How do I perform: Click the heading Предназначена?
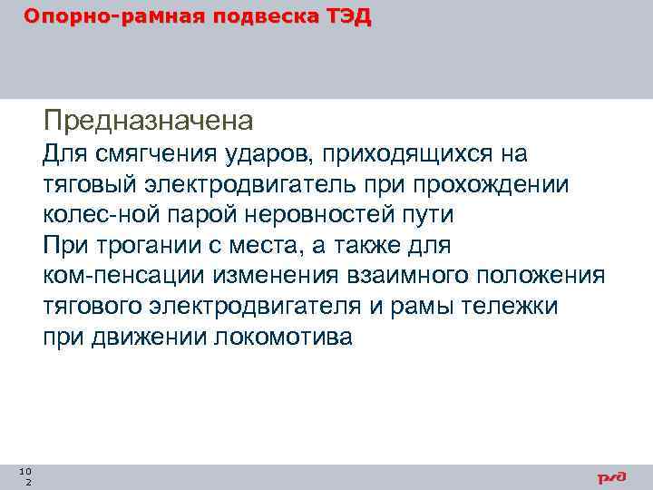point(148,120)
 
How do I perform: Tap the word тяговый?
point(87,185)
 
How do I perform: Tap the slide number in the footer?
point(26,476)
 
